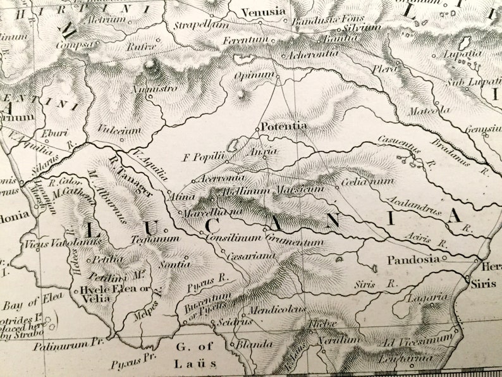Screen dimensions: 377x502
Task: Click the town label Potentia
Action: click(x=284, y=126)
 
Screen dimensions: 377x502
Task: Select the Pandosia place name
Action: click(x=413, y=259)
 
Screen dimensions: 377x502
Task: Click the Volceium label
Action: click(x=119, y=130)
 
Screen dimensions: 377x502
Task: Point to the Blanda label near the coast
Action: click(x=254, y=345)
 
